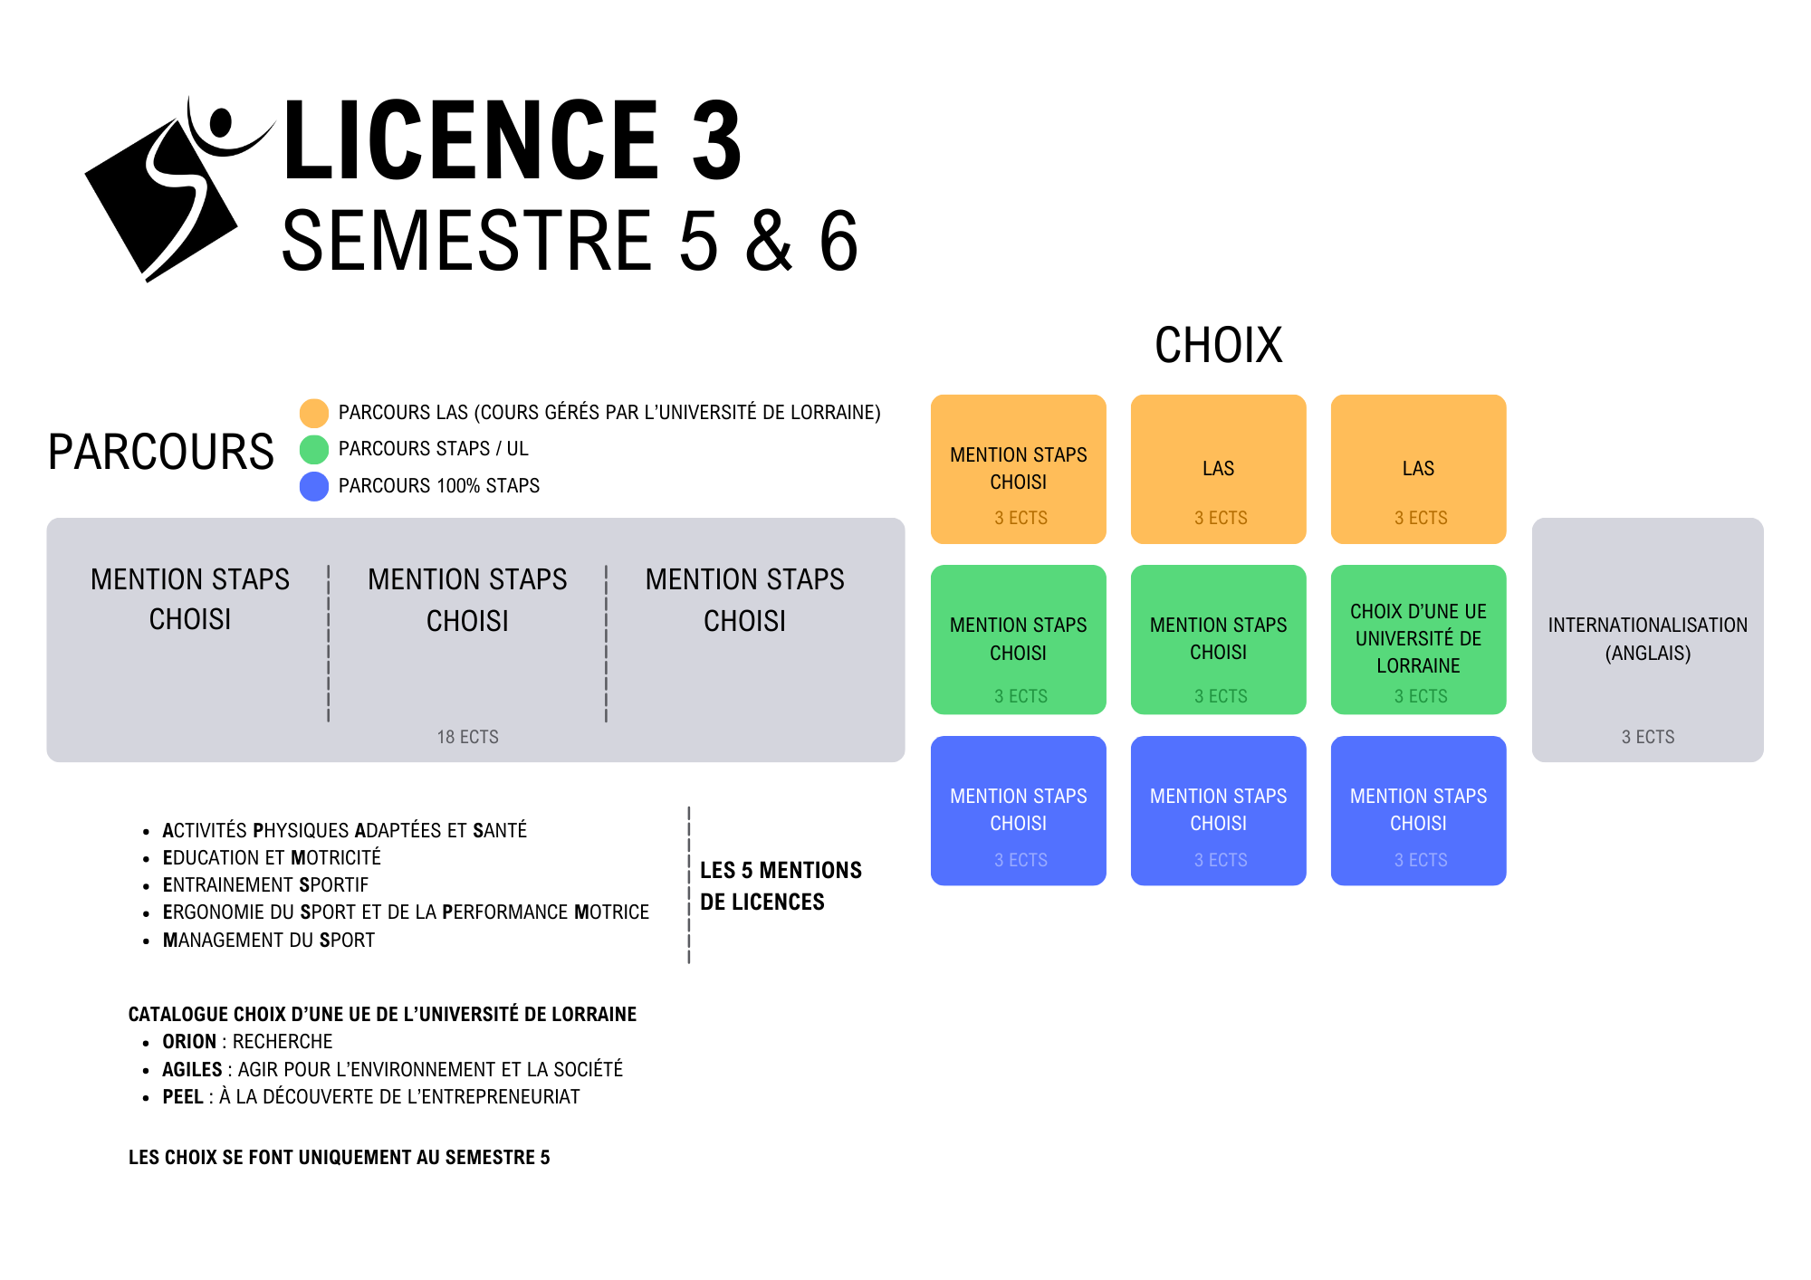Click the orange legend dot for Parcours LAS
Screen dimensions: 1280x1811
point(314,413)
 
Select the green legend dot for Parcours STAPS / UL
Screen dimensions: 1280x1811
point(314,449)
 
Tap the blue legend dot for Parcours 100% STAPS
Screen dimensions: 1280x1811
point(314,486)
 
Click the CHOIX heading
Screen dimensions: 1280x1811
point(1218,346)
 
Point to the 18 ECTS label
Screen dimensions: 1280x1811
point(467,737)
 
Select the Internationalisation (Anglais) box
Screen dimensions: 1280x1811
point(1647,639)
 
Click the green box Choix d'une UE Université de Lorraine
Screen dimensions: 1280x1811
point(1418,639)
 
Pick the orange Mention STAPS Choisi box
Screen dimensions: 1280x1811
point(1018,469)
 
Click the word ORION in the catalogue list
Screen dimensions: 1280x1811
point(189,1042)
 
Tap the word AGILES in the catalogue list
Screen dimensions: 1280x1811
point(192,1070)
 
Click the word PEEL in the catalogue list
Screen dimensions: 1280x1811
point(183,1097)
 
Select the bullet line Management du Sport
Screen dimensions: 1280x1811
point(268,941)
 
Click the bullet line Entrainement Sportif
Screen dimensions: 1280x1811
point(265,885)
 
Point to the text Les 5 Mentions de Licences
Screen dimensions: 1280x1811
point(780,885)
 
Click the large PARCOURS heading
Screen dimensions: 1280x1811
point(160,453)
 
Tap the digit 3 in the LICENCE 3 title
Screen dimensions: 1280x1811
point(716,142)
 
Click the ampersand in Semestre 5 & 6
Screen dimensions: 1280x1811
point(770,242)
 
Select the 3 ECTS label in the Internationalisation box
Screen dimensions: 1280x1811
point(1647,737)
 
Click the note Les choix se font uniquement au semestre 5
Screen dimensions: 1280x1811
point(339,1158)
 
